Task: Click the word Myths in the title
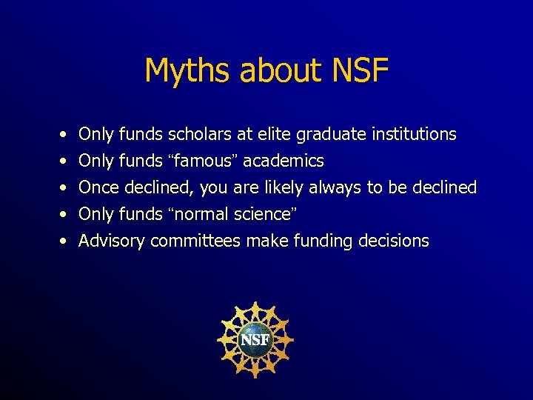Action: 184,71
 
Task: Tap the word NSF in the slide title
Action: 361,71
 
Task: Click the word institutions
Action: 414,135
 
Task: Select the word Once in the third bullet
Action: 100,188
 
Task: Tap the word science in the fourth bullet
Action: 259,215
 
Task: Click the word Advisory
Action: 112,241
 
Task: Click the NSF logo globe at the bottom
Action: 255,340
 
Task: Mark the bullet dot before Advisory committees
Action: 65,241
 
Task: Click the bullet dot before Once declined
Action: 65,188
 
